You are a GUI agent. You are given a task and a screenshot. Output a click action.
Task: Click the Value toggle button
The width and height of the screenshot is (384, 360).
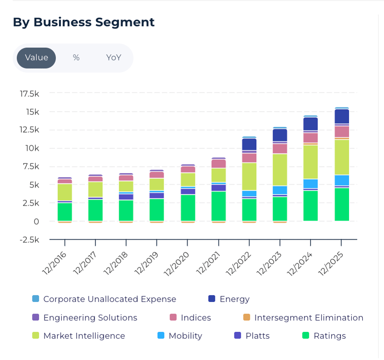pyautogui.click(x=36, y=58)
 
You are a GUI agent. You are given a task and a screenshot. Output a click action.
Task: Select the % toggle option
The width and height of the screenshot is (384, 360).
pyautogui.click(x=76, y=58)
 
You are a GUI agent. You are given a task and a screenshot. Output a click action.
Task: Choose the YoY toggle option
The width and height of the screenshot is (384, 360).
pyautogui.click(x=114, y=58)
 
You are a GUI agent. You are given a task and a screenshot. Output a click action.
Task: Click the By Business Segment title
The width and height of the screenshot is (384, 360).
pyautogui.click(x=84, y=22)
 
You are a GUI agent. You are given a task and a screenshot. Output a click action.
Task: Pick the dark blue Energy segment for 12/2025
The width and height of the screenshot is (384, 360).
pyautogui.click(x=342, y=117)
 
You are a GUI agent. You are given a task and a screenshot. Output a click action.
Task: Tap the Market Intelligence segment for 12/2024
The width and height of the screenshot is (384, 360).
pyautogui.click(x=311, y=162)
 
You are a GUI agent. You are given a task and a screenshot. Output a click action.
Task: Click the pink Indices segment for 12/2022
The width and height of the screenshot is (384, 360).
pyautogui.click(x=249, y=158)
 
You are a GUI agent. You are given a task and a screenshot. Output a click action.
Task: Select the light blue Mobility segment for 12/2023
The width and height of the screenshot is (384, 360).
pyautogui.click(x=280, y=190)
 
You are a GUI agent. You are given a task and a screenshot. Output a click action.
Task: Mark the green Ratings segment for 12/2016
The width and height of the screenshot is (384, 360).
pyautogui.click(x=65, y=212)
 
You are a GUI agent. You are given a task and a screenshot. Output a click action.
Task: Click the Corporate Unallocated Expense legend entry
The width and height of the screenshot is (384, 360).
pyautogui.click(x=110, y=299)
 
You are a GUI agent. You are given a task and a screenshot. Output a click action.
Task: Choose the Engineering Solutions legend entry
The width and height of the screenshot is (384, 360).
pyautogui.click(x=90, y=318)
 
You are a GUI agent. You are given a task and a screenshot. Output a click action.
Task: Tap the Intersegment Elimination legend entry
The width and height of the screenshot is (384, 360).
pyautogui.click(x=309, y=318)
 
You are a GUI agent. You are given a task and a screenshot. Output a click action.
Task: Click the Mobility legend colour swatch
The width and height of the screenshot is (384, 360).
pyautogui.click(x=160, y=336)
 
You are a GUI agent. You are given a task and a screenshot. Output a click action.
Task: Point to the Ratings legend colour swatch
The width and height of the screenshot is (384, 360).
pyautogui.click(x=305, y=336)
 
